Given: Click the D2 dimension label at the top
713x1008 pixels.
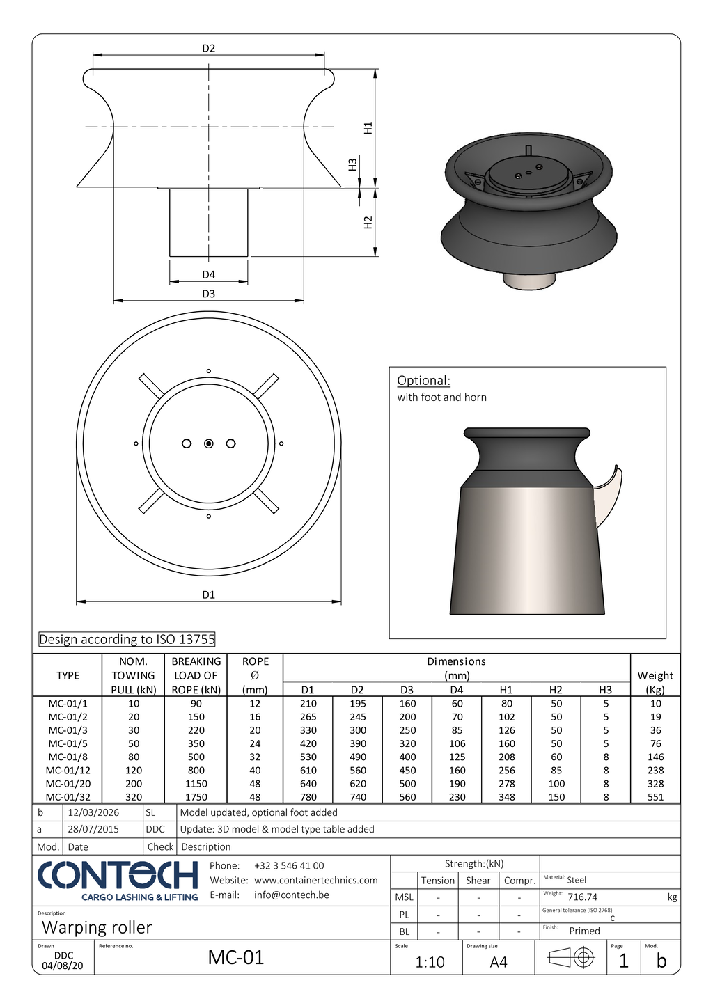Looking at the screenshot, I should coord(208,49).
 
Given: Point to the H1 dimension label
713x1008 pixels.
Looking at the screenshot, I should coord(368,128).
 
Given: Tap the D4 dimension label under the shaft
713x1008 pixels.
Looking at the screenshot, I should coord(208,275).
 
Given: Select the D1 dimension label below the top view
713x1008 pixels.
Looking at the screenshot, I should coord(208,594).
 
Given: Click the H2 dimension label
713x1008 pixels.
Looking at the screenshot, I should coord(368,222).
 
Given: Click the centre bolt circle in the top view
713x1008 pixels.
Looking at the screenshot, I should coord(208,443).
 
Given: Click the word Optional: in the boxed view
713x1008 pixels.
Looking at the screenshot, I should coord(423,381).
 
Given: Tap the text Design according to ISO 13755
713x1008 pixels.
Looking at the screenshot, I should coord(127,639).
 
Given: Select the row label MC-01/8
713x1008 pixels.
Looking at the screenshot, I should coord(68,757).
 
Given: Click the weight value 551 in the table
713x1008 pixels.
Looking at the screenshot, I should coord(655,797).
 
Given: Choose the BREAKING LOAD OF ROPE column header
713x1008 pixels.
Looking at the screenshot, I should coord(196,675).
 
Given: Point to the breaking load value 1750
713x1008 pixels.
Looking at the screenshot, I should coord(196,797).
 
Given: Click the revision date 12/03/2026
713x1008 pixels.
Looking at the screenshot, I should coord(93,812).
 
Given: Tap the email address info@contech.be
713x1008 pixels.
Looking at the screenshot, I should coord(291,895).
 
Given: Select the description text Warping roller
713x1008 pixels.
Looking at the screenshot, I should coord(97,928).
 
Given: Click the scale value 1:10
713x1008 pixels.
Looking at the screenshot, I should coord(430,962).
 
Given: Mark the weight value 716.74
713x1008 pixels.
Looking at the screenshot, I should coord(582,897).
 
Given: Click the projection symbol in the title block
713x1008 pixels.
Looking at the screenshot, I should coord(571,959).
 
